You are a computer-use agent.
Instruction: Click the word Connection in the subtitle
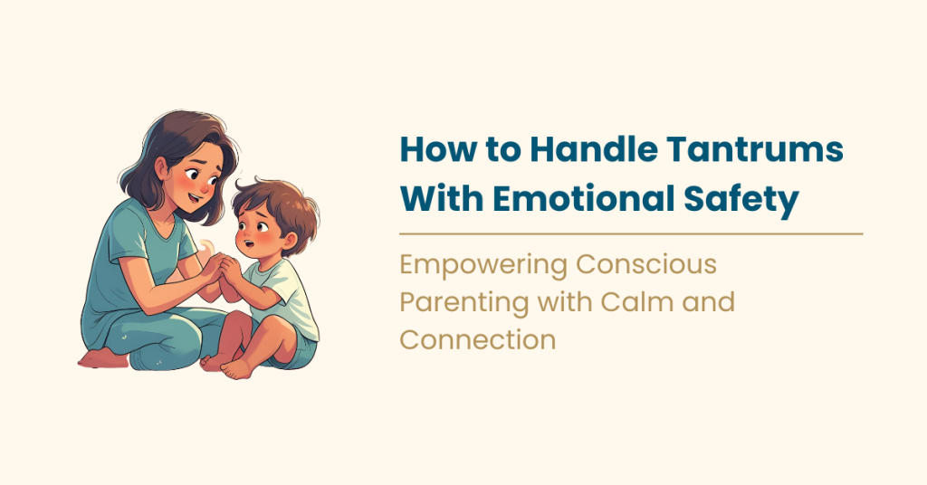coord(478,339)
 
